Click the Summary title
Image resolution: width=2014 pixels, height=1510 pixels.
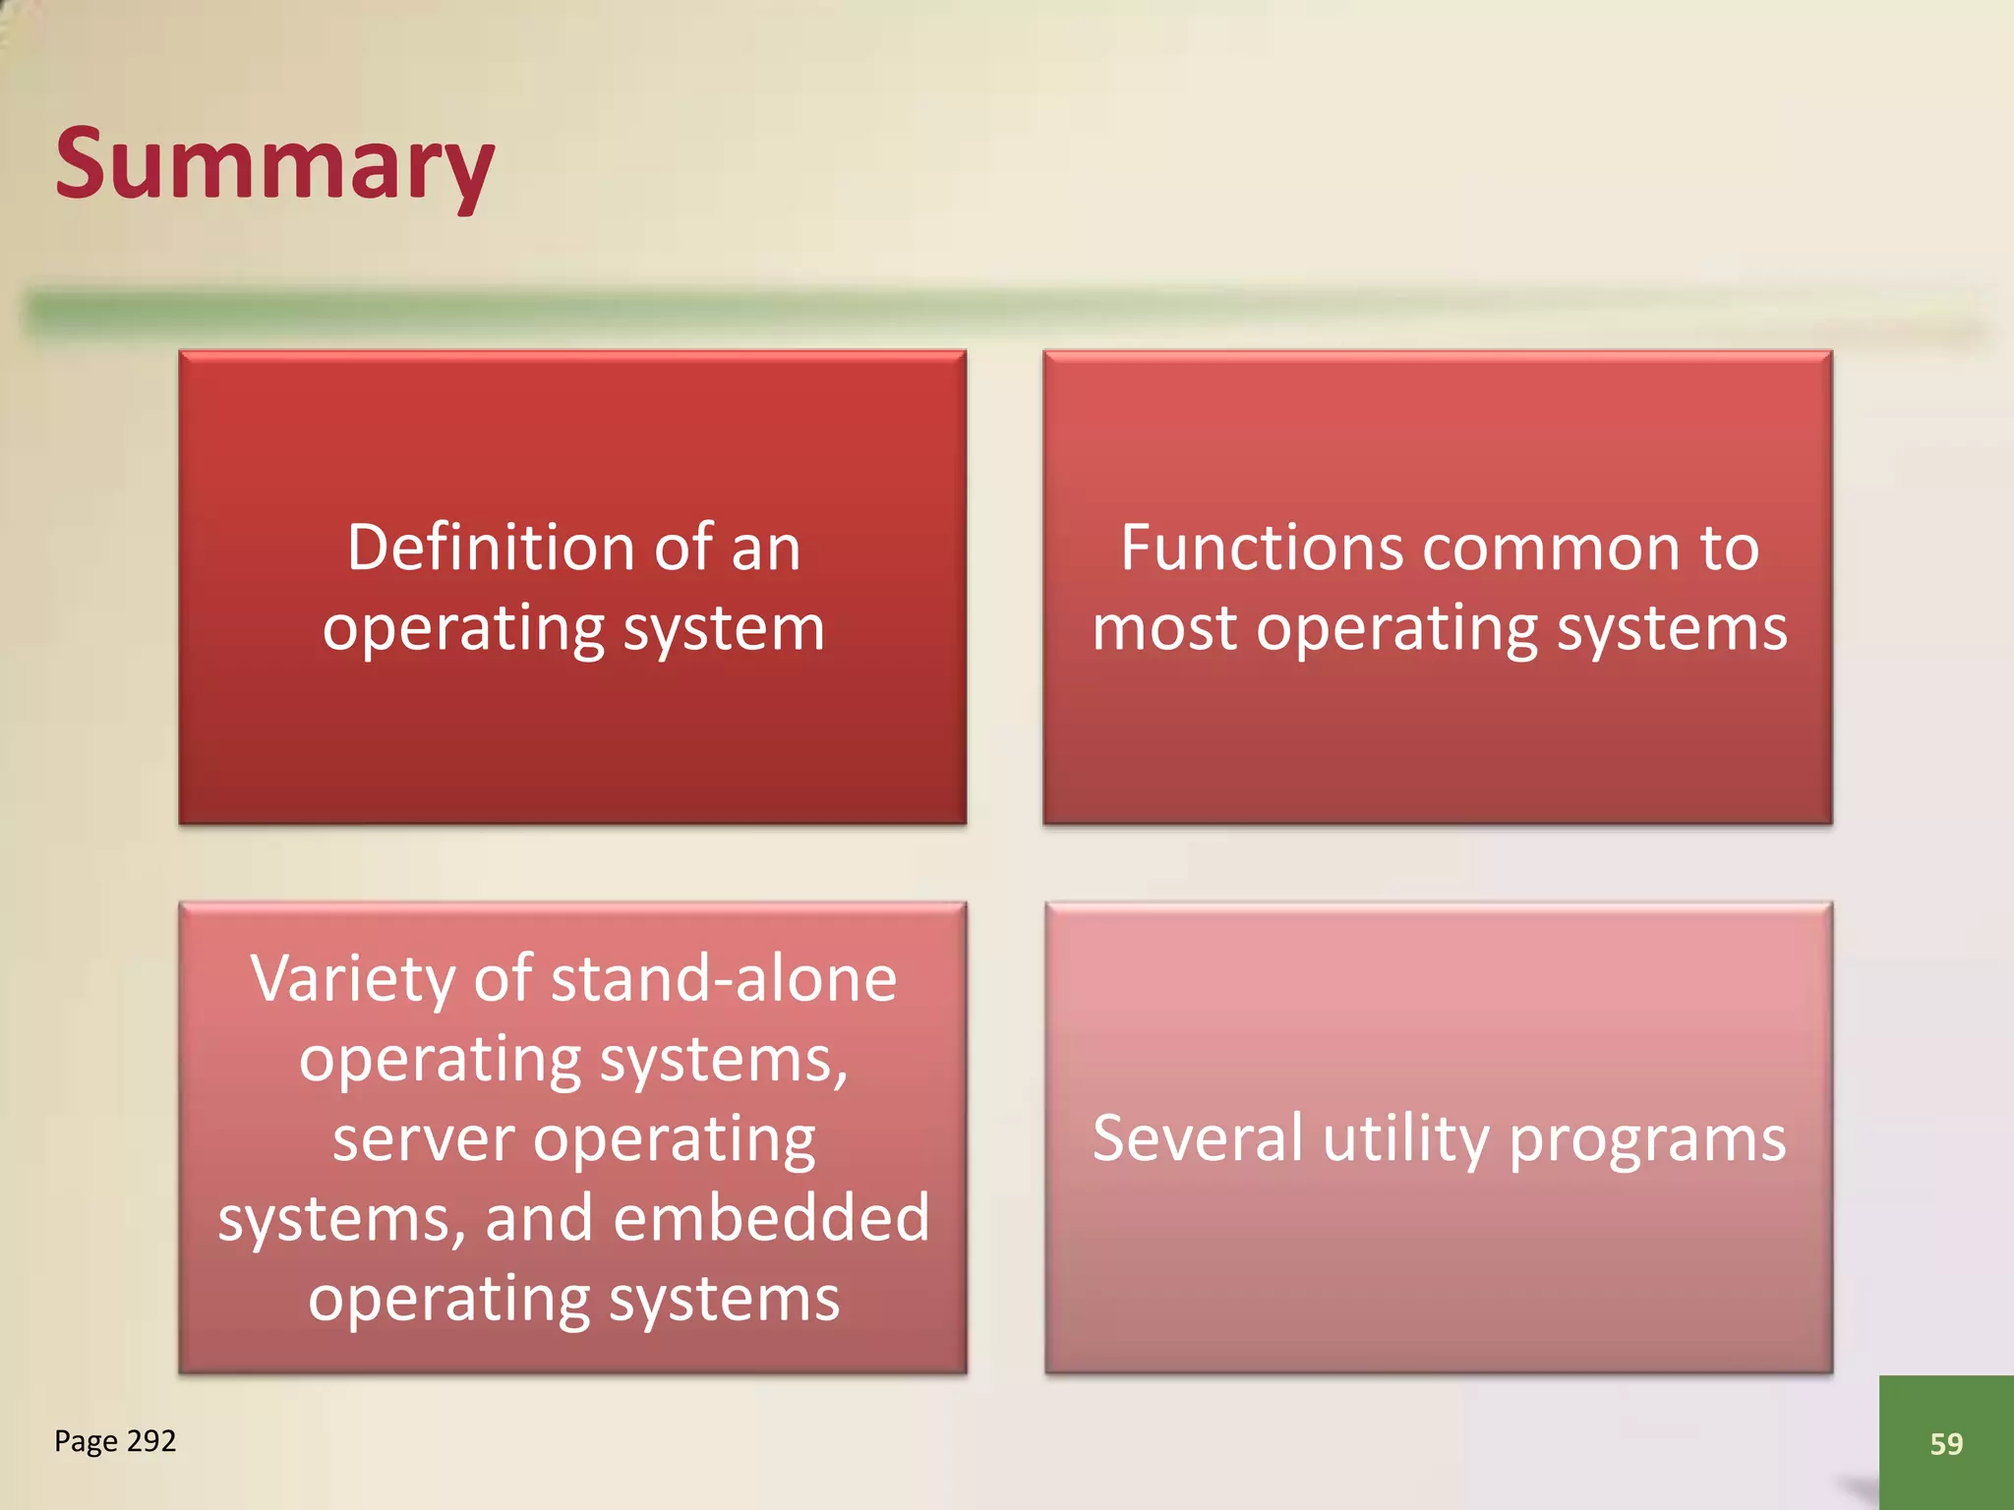[x=274, y=165]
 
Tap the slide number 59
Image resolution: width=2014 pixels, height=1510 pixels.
[x=1946, y=1443]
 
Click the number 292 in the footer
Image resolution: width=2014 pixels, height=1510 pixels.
[x=151, y=1440]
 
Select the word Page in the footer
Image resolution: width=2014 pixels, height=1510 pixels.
[x=86, y=1441]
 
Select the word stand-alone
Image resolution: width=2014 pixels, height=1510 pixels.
[x=724, y=979]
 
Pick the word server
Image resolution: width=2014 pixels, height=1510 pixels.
[x=423, y=1139]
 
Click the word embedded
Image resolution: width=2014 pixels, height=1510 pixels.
[x=771, y=1218]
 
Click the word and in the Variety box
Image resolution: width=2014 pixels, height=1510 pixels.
[x=539, y=1218]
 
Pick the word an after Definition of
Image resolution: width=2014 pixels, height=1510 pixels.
[x=766, y=548]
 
